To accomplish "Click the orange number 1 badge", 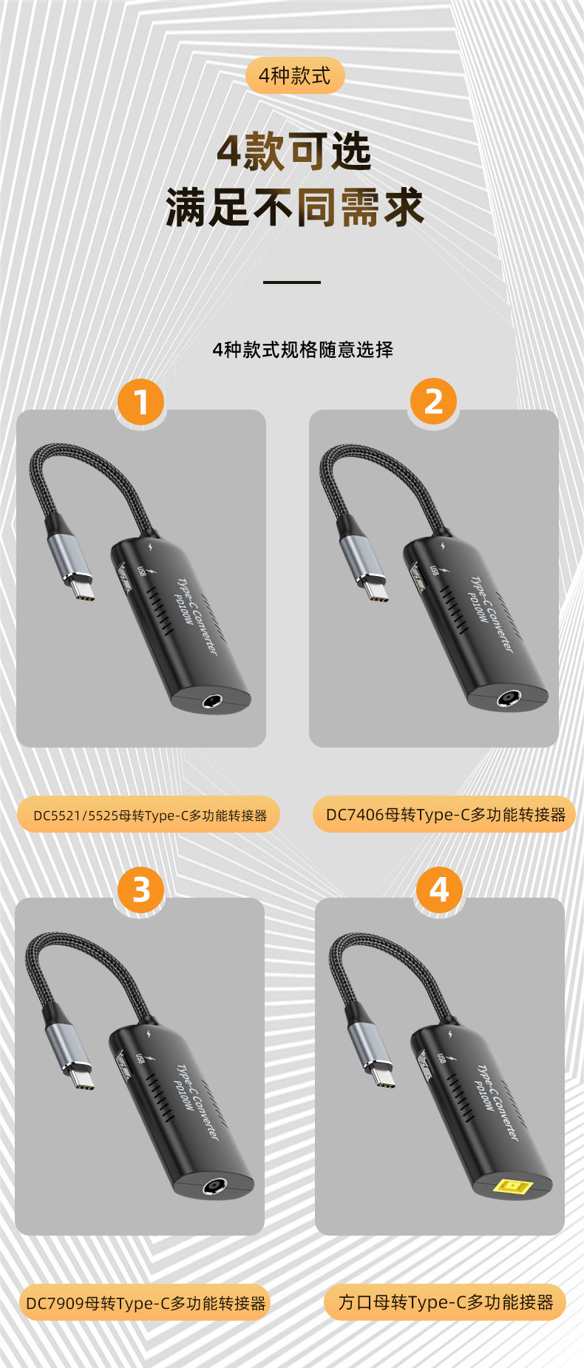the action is point(140,402).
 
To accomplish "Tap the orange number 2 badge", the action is point(433,402).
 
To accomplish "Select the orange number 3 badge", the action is point(140,890).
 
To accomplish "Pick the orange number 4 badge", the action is point(439,890).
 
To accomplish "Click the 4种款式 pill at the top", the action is point(295,75).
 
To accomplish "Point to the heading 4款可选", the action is point(294,152).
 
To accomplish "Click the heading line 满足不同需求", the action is point(294,206).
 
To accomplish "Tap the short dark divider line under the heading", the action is point(292,282).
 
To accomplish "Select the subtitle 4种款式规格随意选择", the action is point(302,349).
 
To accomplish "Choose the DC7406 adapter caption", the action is point(444,814).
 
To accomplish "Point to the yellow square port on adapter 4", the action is point(513,1188).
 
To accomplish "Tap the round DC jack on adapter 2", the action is point(507,698).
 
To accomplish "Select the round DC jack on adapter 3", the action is point(214,1187).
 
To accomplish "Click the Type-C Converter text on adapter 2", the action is point(492,614).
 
